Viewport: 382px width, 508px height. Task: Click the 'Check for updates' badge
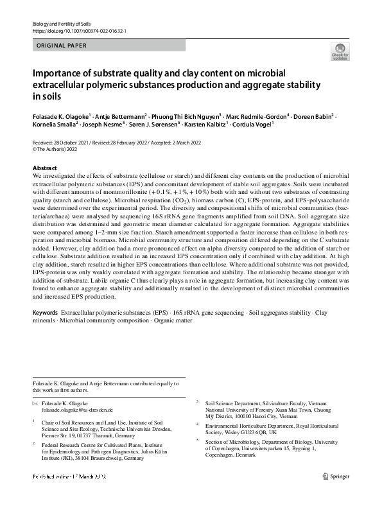click(x=339, y=52)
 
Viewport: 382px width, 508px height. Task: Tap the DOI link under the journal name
click(x=78, y=31)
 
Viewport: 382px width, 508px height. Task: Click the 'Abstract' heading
click(x=45, y=168)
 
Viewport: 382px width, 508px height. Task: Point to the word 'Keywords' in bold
click(x=46, y=311)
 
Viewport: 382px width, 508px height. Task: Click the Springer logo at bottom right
click(x=336, y=476)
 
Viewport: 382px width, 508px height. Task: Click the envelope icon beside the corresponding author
click(x=35, y=402)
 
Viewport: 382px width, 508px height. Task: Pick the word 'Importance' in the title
click(x=59, y=73)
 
